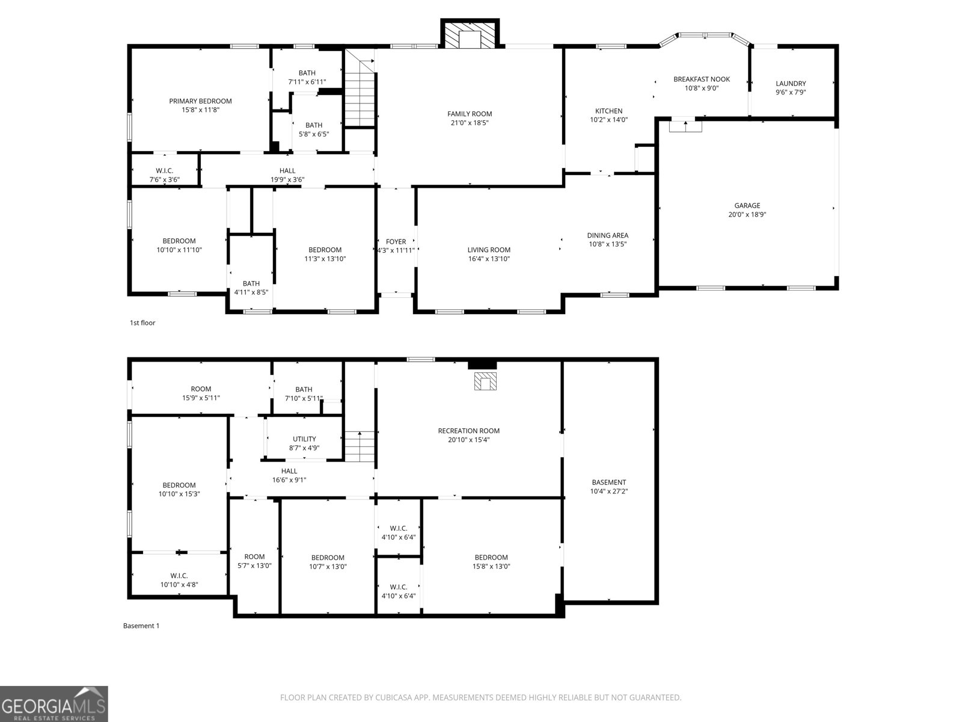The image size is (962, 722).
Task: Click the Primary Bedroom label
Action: [200, 101]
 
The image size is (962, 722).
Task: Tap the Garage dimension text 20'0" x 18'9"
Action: [747, 215]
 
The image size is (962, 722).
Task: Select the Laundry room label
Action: [791, 84]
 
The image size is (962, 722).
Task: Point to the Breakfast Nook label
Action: [702, 79]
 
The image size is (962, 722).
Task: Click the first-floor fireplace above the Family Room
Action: [470, 34]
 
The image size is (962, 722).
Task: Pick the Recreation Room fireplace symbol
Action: [485, 381]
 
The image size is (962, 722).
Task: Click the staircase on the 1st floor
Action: [360, 90]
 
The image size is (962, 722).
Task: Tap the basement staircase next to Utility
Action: [360, 446]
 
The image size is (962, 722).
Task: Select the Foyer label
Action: [396, 241]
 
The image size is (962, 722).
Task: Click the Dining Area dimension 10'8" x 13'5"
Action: [607, 244]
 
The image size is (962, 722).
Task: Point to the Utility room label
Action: [304, 439]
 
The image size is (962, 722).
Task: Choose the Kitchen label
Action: [608, 111]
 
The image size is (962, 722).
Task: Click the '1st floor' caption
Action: [142, 323]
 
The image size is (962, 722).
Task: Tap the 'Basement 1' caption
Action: [141, 626]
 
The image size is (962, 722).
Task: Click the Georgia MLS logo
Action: [54, 704]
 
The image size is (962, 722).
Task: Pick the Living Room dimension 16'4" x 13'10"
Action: [489, 259]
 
